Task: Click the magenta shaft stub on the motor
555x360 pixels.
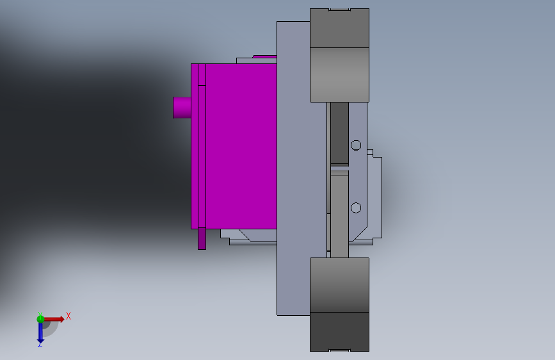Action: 182,108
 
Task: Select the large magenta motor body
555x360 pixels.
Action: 241,146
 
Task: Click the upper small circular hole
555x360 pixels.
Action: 356,145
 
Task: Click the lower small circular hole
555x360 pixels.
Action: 356,208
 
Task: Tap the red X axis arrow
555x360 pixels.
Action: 54,319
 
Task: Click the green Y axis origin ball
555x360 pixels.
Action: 40,319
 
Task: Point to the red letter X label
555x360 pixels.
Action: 68,316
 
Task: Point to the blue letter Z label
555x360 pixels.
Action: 40,344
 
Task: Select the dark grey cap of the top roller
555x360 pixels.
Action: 339,28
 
